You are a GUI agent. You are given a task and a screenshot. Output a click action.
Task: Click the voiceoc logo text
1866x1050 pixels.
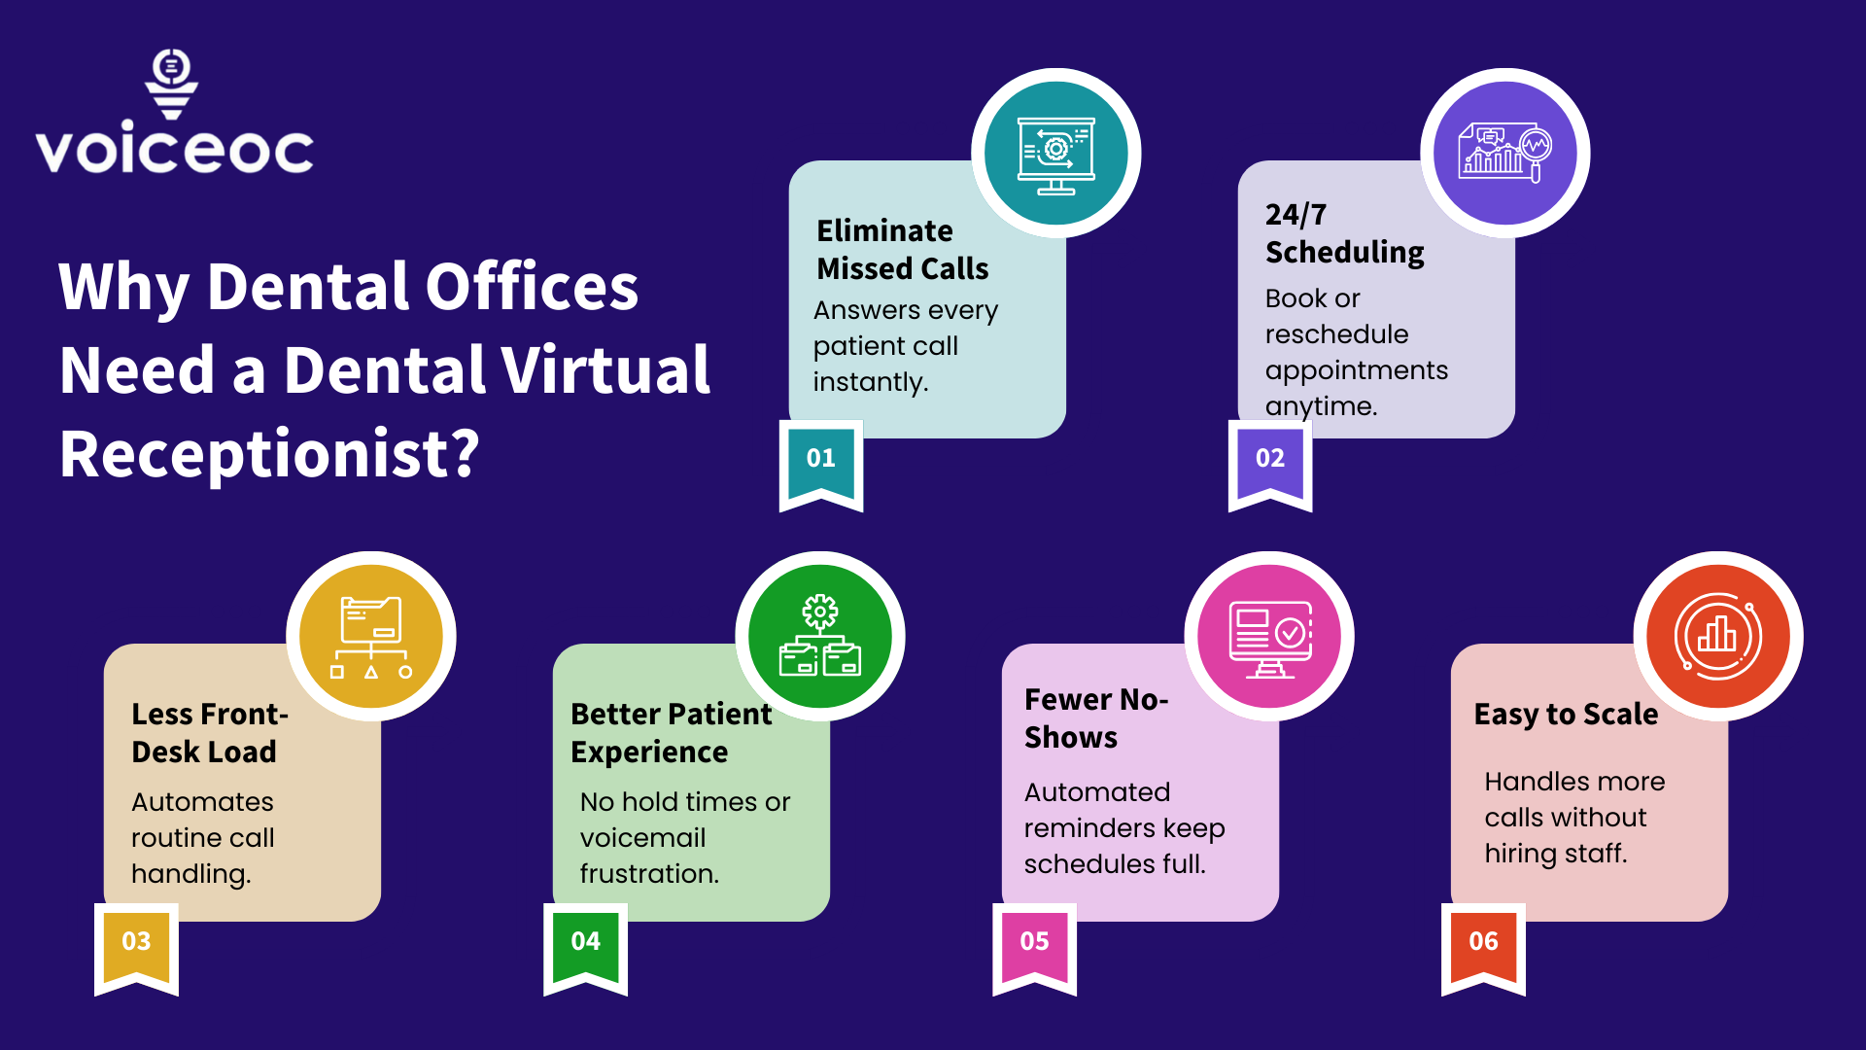[x=175, y=151]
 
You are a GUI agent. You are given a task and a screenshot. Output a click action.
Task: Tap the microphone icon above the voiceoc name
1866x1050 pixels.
[x=172, y=82]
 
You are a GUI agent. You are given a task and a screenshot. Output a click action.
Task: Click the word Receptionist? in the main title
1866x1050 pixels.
[x=269, y=454]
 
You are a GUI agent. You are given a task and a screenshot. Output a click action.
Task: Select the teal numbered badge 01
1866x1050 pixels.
[x=821, y=459]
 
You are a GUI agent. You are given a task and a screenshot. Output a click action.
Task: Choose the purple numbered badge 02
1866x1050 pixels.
[x=1270, y=459]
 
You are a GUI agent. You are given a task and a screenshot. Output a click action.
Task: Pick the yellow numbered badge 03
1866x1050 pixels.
[x=136, y=942]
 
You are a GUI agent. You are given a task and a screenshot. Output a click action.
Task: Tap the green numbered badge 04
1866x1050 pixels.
[x=585, y=942]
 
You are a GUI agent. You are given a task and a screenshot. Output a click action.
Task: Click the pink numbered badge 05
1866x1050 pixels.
[x=1034, y=942]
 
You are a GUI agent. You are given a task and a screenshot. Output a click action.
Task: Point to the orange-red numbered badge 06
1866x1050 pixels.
[x=1483, y=942]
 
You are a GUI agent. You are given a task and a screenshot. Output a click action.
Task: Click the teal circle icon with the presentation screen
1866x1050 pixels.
[x=1056, y=154]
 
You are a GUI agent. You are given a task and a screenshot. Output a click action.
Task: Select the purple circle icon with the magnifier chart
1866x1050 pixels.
[x=1505, y=154]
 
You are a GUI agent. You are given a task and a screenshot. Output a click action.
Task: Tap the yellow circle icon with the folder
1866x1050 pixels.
[x=371, y=637]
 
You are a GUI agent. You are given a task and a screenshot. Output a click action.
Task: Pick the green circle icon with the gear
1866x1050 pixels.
[x=820, y=637]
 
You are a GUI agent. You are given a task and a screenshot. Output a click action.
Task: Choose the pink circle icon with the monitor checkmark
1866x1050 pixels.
[x=1269, y=637]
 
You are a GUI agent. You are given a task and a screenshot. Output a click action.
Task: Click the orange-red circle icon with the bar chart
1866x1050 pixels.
[x=1718, y=637]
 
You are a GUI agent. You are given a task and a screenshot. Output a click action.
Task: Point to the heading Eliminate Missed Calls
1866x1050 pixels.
[x=902, y=250]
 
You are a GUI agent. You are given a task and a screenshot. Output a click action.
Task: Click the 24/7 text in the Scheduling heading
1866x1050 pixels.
[x=1296, y=215]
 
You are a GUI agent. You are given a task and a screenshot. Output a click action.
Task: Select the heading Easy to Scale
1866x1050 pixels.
[x=1566, y=715]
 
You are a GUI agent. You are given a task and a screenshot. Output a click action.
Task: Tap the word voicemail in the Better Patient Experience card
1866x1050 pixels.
[x=642, y=838]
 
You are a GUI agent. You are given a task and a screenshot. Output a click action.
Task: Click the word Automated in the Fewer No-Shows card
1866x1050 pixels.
[x=1097, y=792]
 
